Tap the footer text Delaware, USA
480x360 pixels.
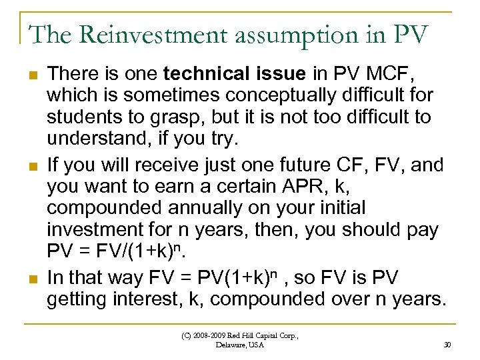coord(241,345)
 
